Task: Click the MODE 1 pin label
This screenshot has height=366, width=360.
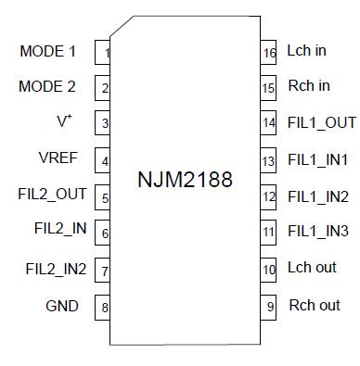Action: coord(47,52)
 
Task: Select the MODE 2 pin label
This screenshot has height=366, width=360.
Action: coord(47,87)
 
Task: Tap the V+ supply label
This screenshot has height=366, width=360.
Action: coord(64,122)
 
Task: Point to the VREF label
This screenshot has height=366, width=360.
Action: coord(58,159)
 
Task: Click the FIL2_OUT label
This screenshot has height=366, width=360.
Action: coord(52,195)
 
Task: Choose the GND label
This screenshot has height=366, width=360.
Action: coord(62,306)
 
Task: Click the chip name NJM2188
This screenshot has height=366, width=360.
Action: coord(185,178)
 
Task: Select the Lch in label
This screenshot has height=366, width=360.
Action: coord(307,51)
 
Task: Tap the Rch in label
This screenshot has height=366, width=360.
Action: coord(309,86)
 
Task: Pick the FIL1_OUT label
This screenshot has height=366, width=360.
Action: coord(321,122)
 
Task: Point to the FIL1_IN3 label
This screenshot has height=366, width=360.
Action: coord(318,232)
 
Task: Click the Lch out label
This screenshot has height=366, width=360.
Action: coord(312,268)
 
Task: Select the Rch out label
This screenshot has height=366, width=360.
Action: coord(315,305)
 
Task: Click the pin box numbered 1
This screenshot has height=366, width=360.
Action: coord(103,53)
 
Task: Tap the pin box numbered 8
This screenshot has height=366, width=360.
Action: coord(103,308)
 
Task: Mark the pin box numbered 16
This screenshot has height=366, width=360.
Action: coord(268,53)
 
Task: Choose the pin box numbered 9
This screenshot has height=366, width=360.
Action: coord(268,307)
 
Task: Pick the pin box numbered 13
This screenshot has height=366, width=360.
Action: coord(268,161)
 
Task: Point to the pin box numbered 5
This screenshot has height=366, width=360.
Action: coord(103,197)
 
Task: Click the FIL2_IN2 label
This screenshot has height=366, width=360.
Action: coord(56,270)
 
